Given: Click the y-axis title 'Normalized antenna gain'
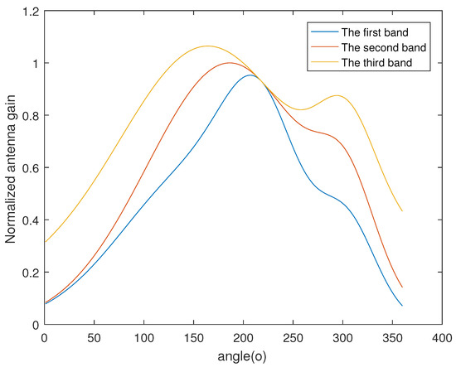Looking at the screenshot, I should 11,169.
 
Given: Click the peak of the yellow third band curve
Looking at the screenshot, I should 207,46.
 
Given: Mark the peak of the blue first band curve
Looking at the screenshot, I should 250,75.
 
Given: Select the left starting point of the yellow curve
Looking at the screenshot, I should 45,243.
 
